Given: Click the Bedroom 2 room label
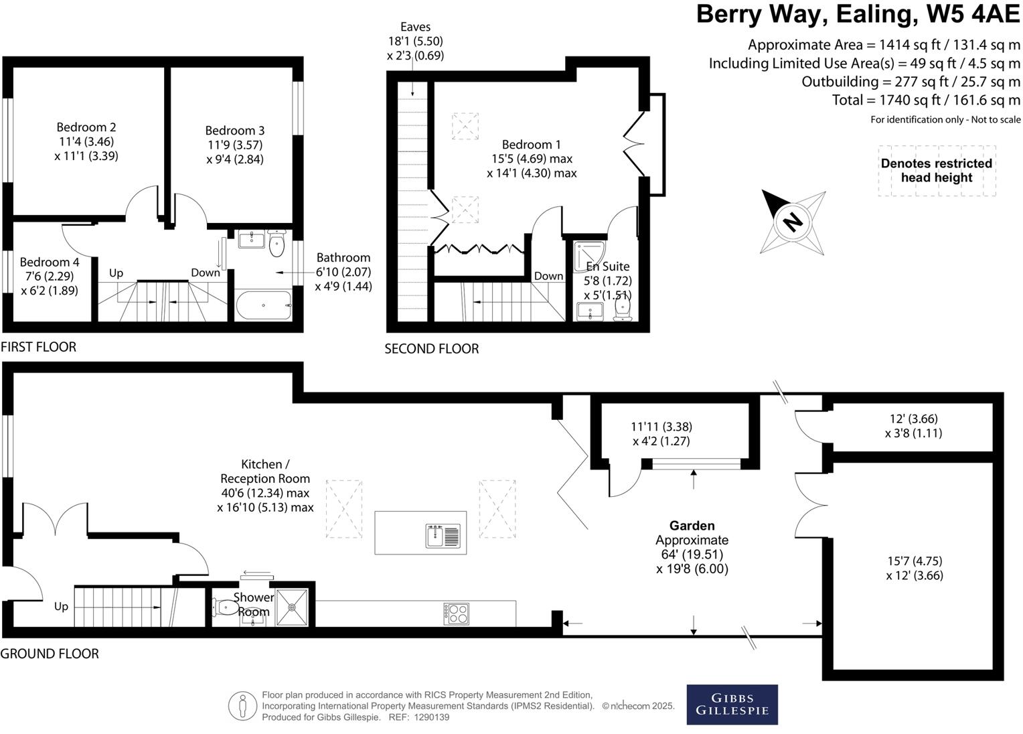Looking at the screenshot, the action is click(86, 127).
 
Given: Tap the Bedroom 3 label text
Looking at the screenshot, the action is click(235, 131).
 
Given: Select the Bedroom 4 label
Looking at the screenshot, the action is click(50, 262).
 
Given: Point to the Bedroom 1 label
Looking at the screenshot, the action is click(531, 145).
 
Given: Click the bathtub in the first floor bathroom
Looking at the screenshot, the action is click(264, 305).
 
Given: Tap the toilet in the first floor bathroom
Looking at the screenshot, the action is click(277, 244).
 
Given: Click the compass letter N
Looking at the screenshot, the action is click(793, 222).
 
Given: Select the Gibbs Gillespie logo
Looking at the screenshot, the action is click(732, 705).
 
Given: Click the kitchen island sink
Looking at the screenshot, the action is click(443, 536).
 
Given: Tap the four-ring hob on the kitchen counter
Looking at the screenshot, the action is click(456, 613).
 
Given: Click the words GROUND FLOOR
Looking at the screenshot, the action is click(50, 654).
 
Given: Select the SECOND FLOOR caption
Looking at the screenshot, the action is click(432, 349).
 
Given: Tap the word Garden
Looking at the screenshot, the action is click(692, 526).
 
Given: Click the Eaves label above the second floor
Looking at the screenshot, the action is click(415, 27).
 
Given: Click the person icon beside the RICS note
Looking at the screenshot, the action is click(242, 706).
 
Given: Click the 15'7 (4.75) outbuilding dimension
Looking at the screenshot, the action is click(915, 561).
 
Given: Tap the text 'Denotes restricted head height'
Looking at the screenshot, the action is click(936, 170).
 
